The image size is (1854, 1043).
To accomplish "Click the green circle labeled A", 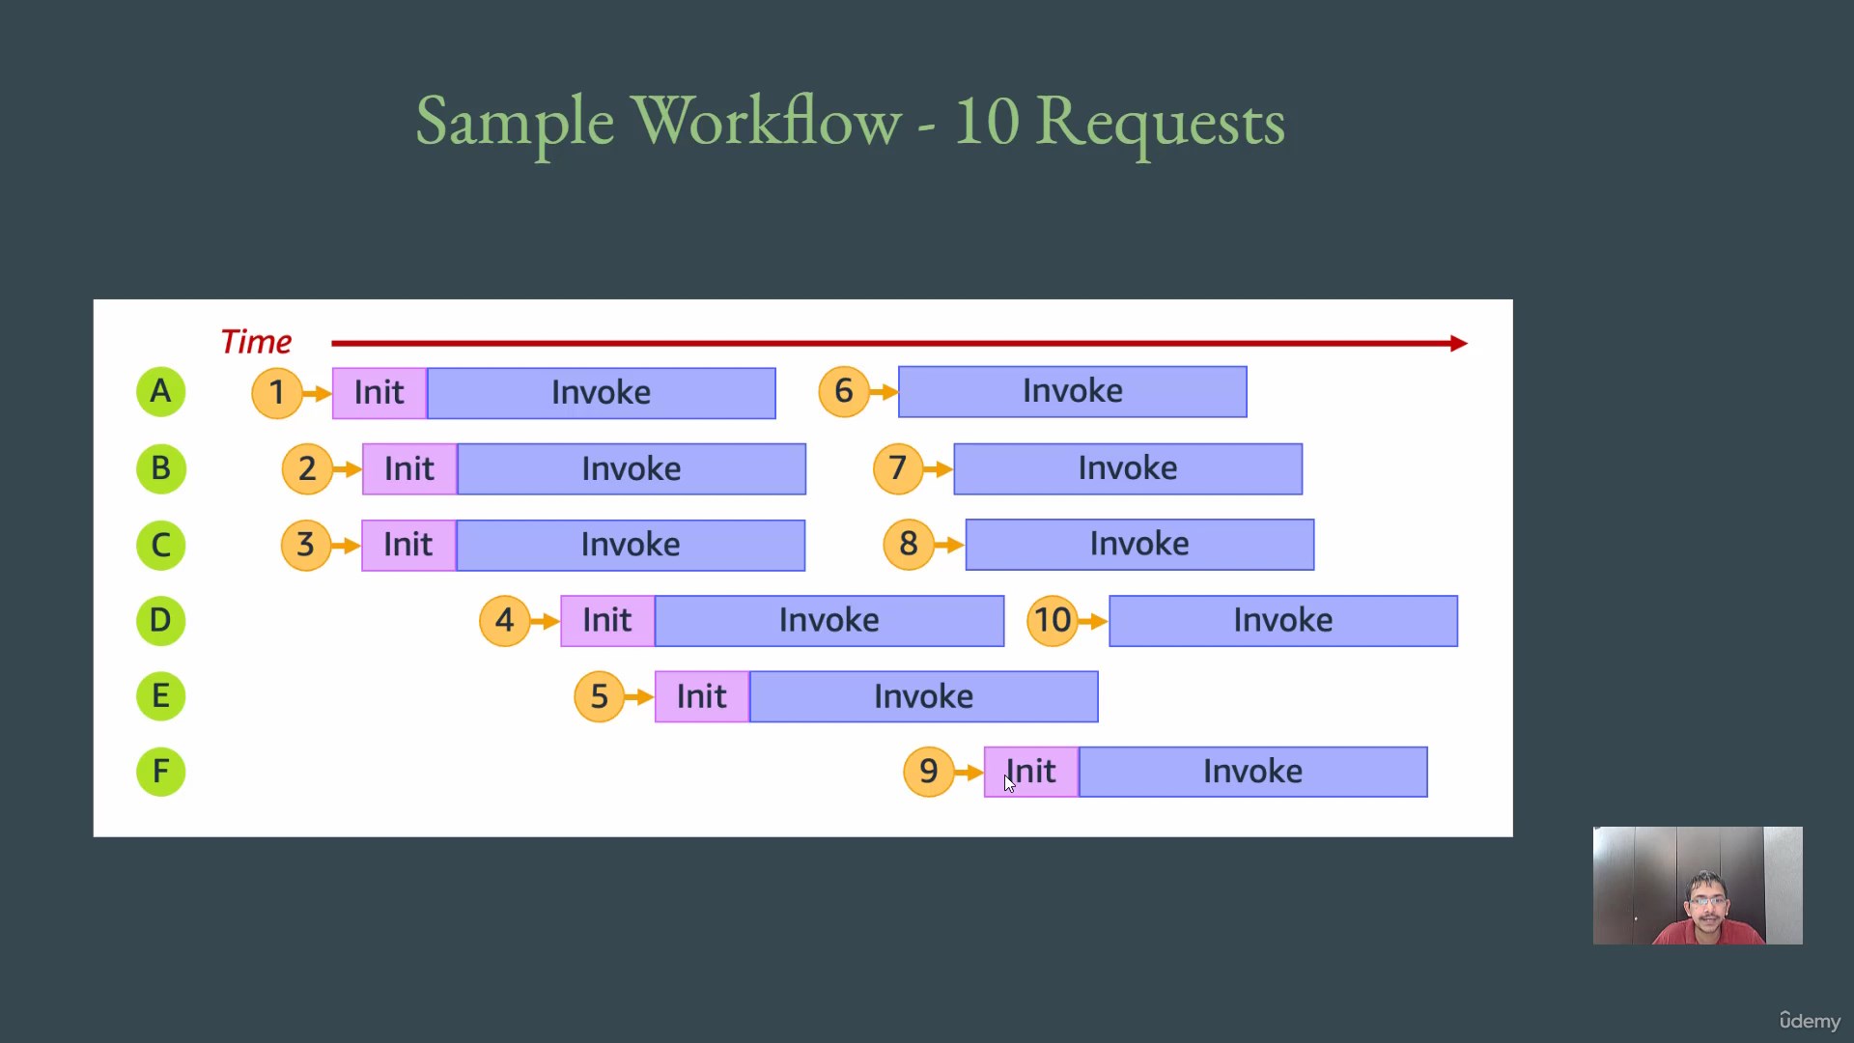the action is click(160, 392).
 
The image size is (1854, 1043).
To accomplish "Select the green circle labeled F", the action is click(160, 772).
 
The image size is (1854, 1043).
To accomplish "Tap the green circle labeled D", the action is click(160, 620).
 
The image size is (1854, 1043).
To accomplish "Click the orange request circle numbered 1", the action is click(277, 393).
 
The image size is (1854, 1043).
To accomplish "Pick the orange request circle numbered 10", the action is click(1053, 620).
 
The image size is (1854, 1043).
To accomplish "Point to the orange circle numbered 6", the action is click(844, 391).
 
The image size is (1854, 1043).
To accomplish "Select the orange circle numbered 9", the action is click(929, 772).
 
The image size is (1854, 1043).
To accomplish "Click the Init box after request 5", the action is click(702, 696).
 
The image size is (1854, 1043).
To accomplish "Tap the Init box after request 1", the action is click(379, 393).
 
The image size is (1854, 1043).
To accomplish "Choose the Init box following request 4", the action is click(607, 620).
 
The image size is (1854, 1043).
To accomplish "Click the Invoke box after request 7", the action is click(1128, 468).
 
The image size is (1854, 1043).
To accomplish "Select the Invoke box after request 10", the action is click(1283, 620).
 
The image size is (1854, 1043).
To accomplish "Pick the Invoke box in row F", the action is click(1252, 772).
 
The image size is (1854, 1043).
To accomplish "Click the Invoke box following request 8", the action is click(1139, 545).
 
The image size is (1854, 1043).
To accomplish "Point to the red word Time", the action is click(256, 342).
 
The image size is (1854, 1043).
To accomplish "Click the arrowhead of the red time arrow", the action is click(1460, 343).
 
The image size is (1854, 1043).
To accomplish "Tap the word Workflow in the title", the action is click(767, 122).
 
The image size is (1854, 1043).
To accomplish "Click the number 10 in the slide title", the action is click(987, 122).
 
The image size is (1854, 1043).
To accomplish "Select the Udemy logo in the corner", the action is click(1810, 1020).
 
